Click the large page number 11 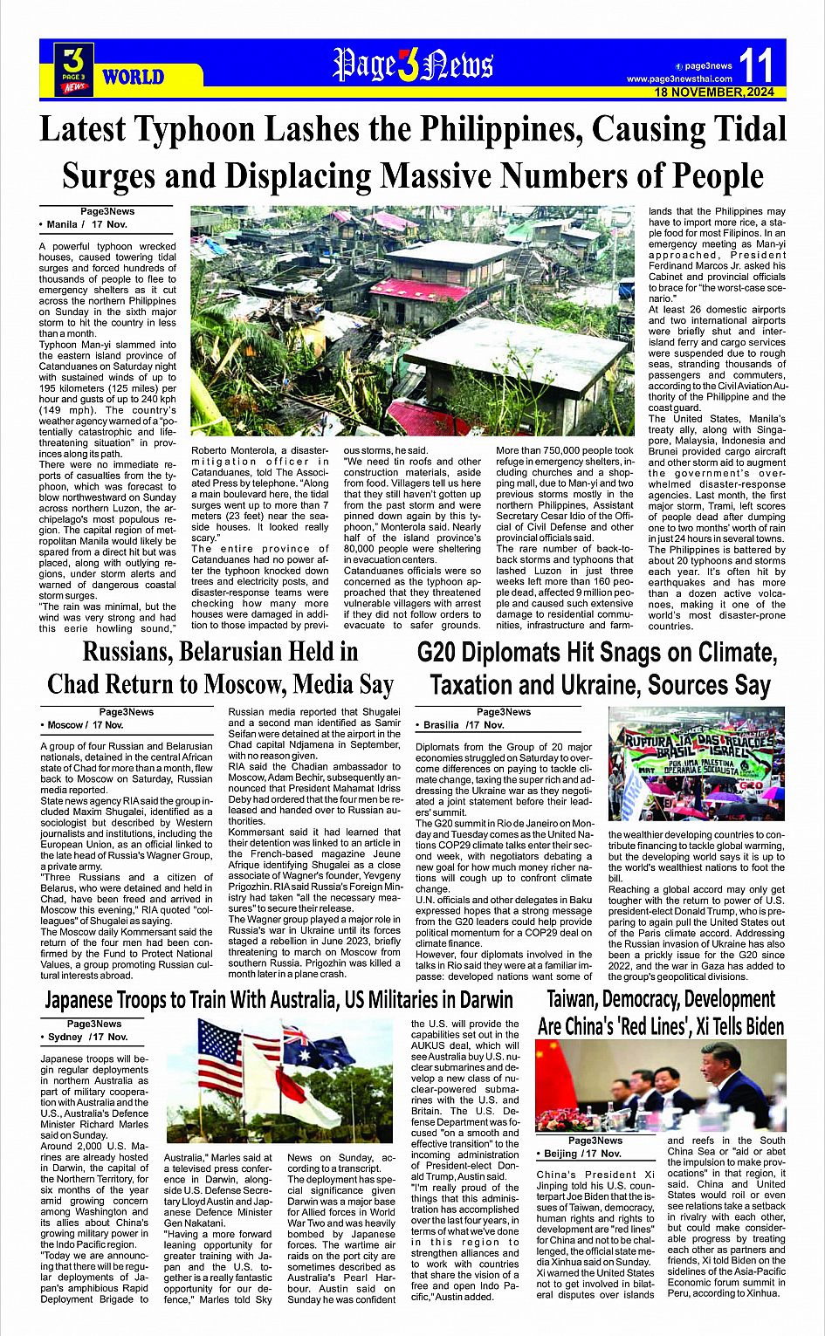coord(756,65)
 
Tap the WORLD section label coord(133,78)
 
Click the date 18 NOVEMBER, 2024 coord(714,92)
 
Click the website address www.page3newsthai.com coord(679,79)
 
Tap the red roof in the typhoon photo coord(416,289)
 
